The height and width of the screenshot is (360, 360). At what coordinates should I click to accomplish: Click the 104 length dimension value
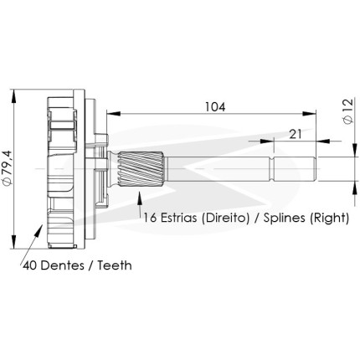[x=215, y=107]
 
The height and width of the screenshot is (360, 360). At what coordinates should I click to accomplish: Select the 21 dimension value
[x=296, y=134]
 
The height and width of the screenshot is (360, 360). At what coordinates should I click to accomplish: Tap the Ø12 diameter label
[x=347, y=111]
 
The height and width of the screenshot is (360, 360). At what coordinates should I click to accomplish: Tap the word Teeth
[x=115, y=265]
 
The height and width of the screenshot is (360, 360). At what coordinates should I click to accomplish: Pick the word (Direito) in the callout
[x=225, y=218]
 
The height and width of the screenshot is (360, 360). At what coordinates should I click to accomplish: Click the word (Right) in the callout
[x=329, y=218]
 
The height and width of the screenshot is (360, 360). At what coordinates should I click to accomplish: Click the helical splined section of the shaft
[x=141, y=169]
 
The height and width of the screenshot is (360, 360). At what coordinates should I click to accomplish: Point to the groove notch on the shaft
[x=271, y=169]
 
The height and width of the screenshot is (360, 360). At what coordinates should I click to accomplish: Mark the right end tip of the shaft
[x=316, y=169]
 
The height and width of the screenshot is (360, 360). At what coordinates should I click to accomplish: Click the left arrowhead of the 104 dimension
[x=114, y=113]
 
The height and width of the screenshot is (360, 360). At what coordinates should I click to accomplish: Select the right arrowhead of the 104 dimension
[x=309, y=113]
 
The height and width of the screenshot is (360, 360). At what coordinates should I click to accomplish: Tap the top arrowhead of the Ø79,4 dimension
[x=13, y=96]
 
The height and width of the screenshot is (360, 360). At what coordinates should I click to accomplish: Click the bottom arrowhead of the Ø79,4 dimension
[x=13, y=242]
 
